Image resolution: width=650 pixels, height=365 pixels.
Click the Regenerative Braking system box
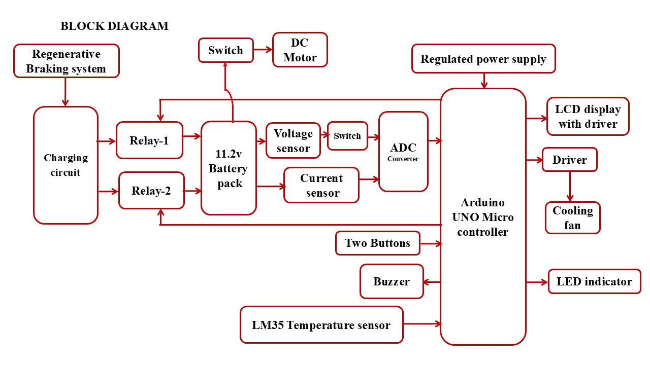pos(66,61)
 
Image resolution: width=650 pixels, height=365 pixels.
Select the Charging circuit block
pos(66,165)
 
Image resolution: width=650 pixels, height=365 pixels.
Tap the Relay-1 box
pos(149,140)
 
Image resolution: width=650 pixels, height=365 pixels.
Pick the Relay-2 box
pos(151,191)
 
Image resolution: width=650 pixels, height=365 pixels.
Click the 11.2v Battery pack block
pos(229,168)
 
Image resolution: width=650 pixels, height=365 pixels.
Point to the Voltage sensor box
pos(293,140)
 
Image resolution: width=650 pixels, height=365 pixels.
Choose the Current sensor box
pos(321,185)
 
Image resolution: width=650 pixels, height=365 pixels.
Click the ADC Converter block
pos(403,152)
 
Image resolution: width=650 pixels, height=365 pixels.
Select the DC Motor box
pos(300,50)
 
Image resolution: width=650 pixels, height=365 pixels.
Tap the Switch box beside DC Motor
pos(225,50)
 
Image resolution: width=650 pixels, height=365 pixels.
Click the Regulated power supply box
pos(483,59)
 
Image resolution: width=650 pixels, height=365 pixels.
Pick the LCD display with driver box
pos(588,117)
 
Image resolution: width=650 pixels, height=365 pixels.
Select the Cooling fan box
pos(573,217)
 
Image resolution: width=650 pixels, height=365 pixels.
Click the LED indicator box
pos(594,281)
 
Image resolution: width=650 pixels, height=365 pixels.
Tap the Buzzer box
pos(392,281)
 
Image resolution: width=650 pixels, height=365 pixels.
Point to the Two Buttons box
pos(378,243)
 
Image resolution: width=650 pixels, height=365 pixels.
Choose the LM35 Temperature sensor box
pos(321,324)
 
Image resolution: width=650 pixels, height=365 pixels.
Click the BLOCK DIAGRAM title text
pos(114,26)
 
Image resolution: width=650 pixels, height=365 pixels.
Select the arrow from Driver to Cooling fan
pos(570,187)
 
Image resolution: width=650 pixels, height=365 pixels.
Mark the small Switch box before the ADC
pos(347,136)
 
